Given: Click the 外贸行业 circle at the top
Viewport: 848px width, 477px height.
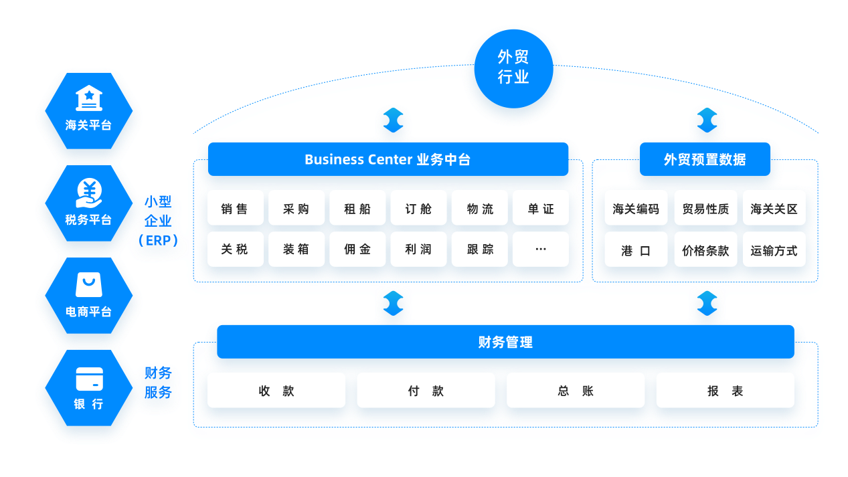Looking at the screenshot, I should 513,68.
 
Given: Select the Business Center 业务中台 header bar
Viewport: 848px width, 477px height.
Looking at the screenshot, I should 388,159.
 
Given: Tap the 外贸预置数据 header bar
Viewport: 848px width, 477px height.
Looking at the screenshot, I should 705,159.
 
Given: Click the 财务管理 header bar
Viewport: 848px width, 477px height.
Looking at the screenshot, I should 505,342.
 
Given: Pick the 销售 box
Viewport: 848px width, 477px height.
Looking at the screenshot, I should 235,209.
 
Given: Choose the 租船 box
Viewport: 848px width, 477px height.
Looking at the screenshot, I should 357,209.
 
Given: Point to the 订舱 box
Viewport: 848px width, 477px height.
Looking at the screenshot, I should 418,209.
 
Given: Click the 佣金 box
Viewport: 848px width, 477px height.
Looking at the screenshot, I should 357,250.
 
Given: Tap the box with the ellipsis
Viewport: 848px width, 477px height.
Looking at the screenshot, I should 541,250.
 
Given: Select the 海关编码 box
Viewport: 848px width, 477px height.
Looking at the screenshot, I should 636,209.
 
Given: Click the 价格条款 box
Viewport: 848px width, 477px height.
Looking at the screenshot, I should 705,251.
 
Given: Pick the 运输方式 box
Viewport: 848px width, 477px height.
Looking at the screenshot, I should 774,251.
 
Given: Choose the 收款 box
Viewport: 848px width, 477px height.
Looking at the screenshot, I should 276,391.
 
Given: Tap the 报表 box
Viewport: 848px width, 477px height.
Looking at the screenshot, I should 725,391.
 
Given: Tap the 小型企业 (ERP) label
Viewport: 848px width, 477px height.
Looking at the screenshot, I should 159,221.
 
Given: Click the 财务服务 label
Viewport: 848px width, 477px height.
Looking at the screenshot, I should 159,382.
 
